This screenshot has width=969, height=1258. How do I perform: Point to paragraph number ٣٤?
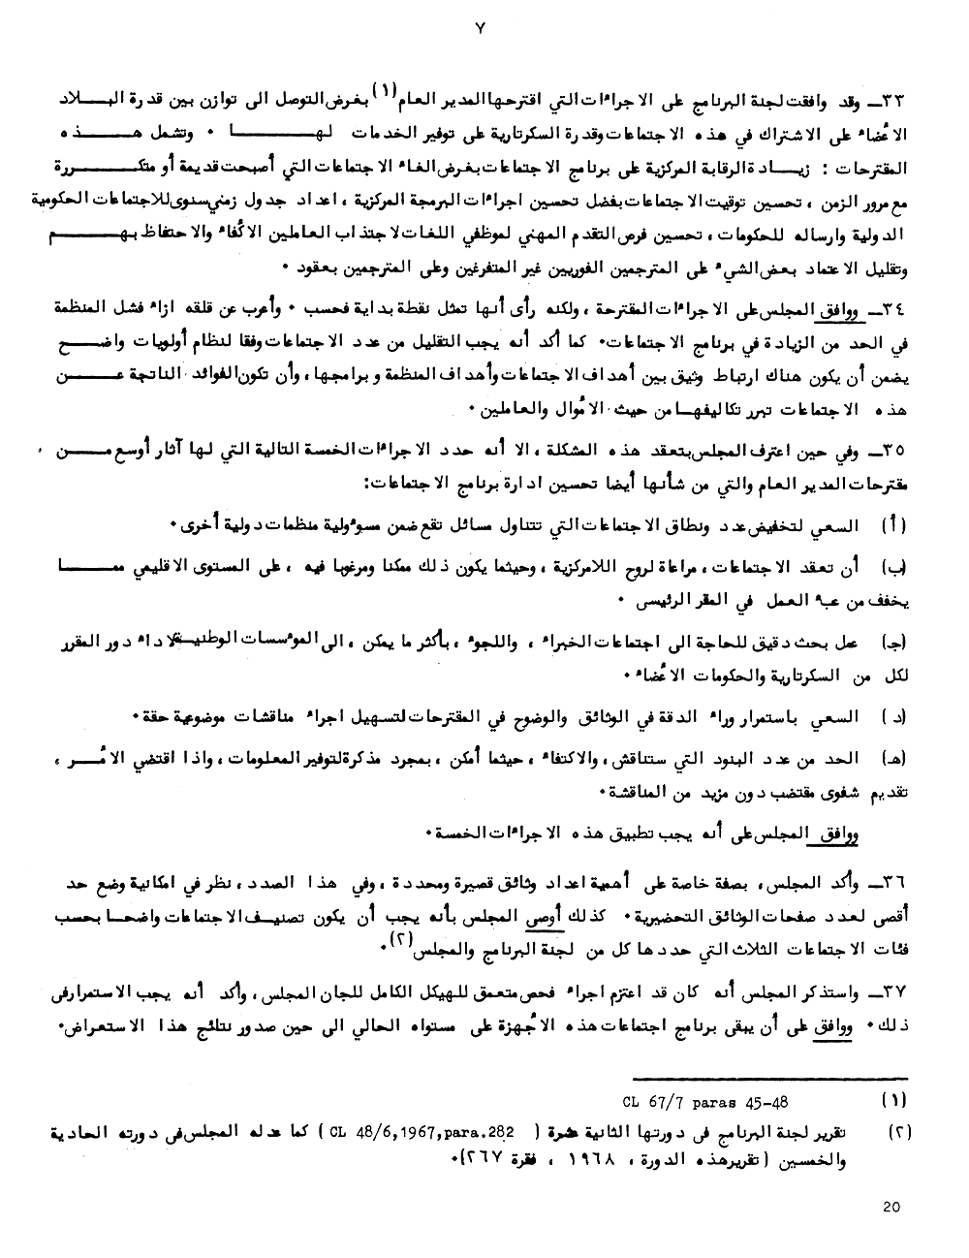[900, 309]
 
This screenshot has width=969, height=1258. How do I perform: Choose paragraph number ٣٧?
[900, 992]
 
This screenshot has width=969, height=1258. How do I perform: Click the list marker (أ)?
[895, 525]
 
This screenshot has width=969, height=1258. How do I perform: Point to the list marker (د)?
[895, 716]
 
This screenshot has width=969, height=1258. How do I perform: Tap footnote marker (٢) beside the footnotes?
[895, 1131]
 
